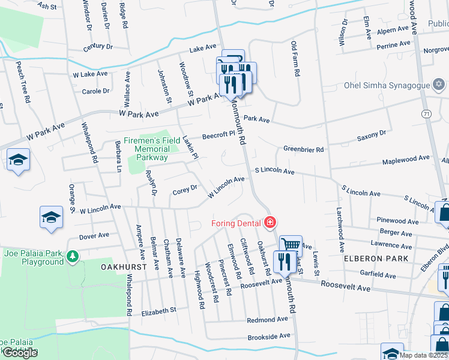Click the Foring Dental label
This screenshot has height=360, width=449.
[x=236, y=224]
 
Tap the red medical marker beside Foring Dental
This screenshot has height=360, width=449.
[x=270, y=223]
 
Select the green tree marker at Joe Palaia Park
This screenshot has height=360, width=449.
[x=72, y=257]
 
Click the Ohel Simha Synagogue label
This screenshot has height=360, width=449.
[x=387, y=85]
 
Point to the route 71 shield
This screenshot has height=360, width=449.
[x=426, y=113]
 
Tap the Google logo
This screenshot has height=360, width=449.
[x=20, y=353]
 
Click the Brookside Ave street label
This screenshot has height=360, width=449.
[x=269, y=335]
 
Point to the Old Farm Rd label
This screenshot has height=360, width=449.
[x=294, y=59]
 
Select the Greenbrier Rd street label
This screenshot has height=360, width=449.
[x=303, y=149]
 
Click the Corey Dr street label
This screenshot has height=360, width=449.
[x=184, y=190]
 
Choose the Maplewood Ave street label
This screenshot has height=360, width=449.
[x=406, y=158]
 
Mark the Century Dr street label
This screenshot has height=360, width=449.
[x=98, y=46]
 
